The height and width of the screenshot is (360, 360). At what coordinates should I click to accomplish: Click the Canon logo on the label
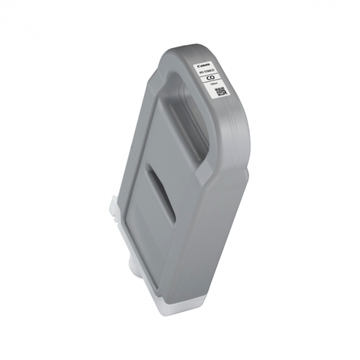(x=203, y=65)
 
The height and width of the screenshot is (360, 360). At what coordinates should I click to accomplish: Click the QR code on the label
(x=220, y=92)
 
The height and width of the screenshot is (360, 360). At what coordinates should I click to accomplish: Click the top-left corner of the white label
(x=196, y=61)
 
